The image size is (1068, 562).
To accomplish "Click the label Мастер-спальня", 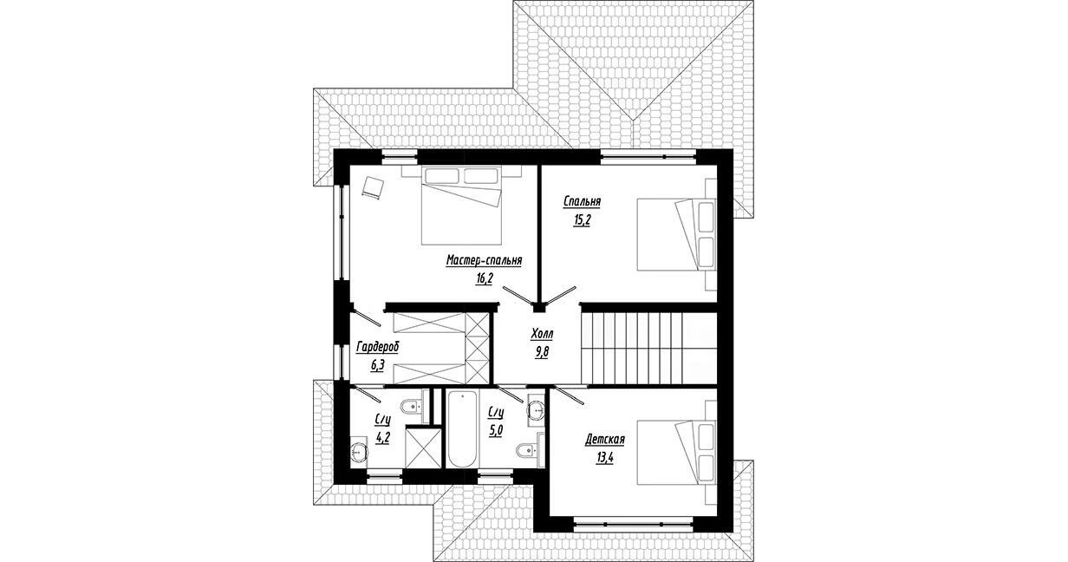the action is (x=484, y=260).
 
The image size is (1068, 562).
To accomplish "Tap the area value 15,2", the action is (x=582, y=220).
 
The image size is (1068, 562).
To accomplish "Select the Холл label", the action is (x=542, y=334).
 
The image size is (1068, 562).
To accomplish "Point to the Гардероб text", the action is (x=378, y=347).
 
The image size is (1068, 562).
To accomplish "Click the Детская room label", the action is (x=604, y=439).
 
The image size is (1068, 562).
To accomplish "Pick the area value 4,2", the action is (x=383, y=439).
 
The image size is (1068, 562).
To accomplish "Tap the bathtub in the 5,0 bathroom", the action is (x=462, y=429).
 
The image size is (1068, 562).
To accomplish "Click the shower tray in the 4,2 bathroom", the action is (x=424, y=448).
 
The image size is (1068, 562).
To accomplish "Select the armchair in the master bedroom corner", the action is (x=373, y=187).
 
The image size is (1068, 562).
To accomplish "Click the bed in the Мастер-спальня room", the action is (x=461, y=206).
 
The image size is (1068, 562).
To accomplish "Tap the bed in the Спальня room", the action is (x=676, y=234).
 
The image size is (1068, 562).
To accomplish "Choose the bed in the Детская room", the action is (x=676, y=452).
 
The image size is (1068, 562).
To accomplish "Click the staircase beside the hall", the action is (x=649, y=348).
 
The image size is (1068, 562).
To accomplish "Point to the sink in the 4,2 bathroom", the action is (x=359, y=450).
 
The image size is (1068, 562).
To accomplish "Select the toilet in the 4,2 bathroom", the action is (x=412, y=407).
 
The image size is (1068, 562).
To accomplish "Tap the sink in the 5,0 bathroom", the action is (x=537, y=410).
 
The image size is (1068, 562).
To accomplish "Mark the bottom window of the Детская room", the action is (x=633, y=523).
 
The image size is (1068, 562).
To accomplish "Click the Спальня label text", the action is (x=582, y=202).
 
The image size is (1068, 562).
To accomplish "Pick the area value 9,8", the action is (x=542, y=353).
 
